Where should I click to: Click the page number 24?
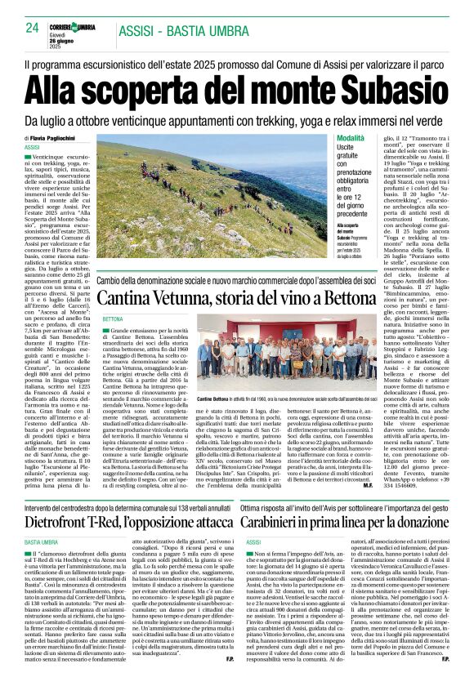[x=33, y=28]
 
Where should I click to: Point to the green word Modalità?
[x=329, y=140]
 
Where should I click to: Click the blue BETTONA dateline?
[x=114, y=319]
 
